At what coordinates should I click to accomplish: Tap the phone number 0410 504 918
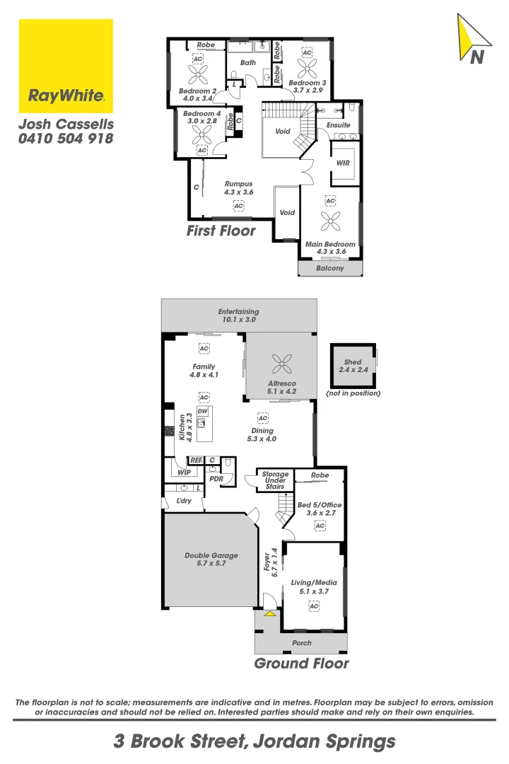[66, 139]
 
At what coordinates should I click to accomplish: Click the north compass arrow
[472, 40]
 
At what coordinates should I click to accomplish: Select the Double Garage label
[211, 560]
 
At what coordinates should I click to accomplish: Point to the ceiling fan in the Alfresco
[281, 364]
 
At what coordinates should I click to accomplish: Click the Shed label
[352, 366]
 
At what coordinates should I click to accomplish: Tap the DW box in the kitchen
[202, 411]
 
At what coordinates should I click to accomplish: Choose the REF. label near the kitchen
[197, 461]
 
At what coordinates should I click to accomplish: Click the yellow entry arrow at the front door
[269, 613]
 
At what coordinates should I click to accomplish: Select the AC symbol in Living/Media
[314, 606]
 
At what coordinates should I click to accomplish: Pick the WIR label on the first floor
[344, 163]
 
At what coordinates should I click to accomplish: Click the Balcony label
[329, 268]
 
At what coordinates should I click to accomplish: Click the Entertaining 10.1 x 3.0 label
[238, 316]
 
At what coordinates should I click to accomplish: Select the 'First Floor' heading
[221, 231]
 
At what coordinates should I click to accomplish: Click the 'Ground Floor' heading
[301, 664]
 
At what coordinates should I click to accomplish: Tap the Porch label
[301, 643]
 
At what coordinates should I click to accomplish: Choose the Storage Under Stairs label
[275, 480]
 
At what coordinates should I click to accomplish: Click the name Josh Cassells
[66, 124]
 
